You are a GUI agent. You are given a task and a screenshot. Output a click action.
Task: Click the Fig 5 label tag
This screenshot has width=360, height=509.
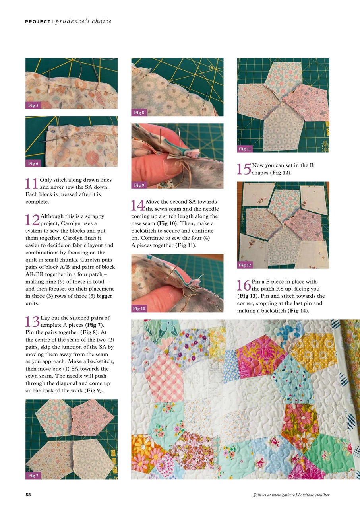tap(33, 105)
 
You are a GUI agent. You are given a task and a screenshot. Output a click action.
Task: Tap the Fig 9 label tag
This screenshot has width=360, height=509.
tap(139, 185)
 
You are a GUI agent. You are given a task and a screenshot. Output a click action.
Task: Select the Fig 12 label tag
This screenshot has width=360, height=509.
tap(245, 265)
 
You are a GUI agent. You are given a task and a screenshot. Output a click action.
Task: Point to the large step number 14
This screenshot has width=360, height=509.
tap(138, 205)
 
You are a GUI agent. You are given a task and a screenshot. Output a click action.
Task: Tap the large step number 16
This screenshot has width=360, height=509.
tap(244, 285)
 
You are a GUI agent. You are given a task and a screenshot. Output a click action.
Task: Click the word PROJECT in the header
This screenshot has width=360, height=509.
tap(38, 21)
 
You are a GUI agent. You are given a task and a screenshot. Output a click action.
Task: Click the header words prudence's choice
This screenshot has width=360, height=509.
tap(83, 21)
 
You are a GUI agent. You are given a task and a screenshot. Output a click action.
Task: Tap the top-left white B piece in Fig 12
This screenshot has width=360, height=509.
tap(256, 194)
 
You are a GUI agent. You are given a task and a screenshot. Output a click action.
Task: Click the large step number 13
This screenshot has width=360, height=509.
tap(32, 321)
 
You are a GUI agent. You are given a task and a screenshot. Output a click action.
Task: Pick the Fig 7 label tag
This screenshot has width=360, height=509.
tap(33, 476)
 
